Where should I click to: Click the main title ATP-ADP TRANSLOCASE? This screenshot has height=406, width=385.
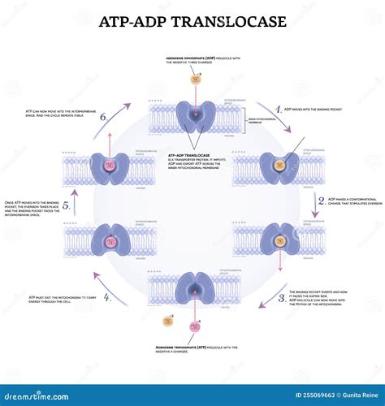tap(192, 22)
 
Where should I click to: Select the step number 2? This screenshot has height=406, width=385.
tap(322, 201)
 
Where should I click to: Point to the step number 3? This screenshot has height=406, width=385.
tap(281, 297)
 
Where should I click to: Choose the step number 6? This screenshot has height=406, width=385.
tap(103, 116)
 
